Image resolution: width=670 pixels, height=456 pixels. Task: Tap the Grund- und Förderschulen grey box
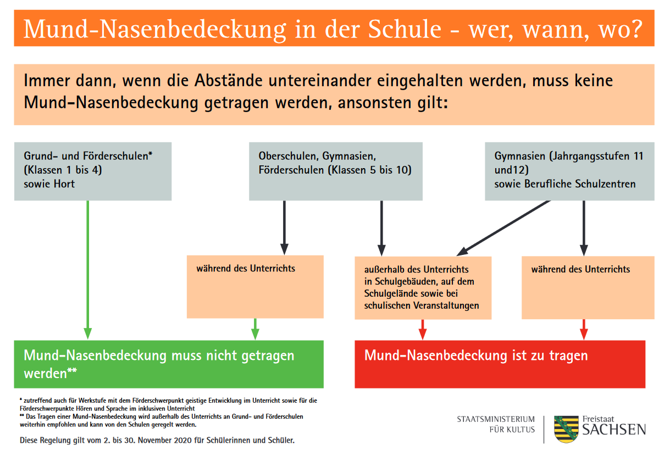pos(92,171)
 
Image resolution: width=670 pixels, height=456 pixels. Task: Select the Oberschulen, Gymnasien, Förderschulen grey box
pos(335,171)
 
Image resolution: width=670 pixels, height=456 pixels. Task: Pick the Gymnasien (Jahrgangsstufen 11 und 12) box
pos(569,171)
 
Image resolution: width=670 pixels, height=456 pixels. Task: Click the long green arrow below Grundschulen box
pos(87,269)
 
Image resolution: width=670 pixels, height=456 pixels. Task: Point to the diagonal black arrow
pos(503,227)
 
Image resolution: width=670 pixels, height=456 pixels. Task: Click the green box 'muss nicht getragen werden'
pos(168,364)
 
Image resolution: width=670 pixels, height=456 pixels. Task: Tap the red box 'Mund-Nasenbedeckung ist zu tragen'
pos(500,364)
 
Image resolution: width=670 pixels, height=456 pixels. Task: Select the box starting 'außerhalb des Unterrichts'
pos(423,287)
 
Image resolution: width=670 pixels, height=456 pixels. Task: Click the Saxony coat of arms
pos(566,430)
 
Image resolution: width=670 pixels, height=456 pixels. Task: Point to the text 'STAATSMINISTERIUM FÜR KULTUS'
pos(496,424)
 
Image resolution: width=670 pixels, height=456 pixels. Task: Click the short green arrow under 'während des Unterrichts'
pos(255,329)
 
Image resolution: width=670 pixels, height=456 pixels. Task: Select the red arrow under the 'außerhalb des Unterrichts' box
pos(422,329)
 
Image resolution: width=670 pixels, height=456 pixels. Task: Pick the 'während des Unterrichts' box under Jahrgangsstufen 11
pos(588,287)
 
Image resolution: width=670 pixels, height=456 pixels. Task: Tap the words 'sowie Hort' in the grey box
pos(49,184)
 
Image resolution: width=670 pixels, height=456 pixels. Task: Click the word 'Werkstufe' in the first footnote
pos(75,400)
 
